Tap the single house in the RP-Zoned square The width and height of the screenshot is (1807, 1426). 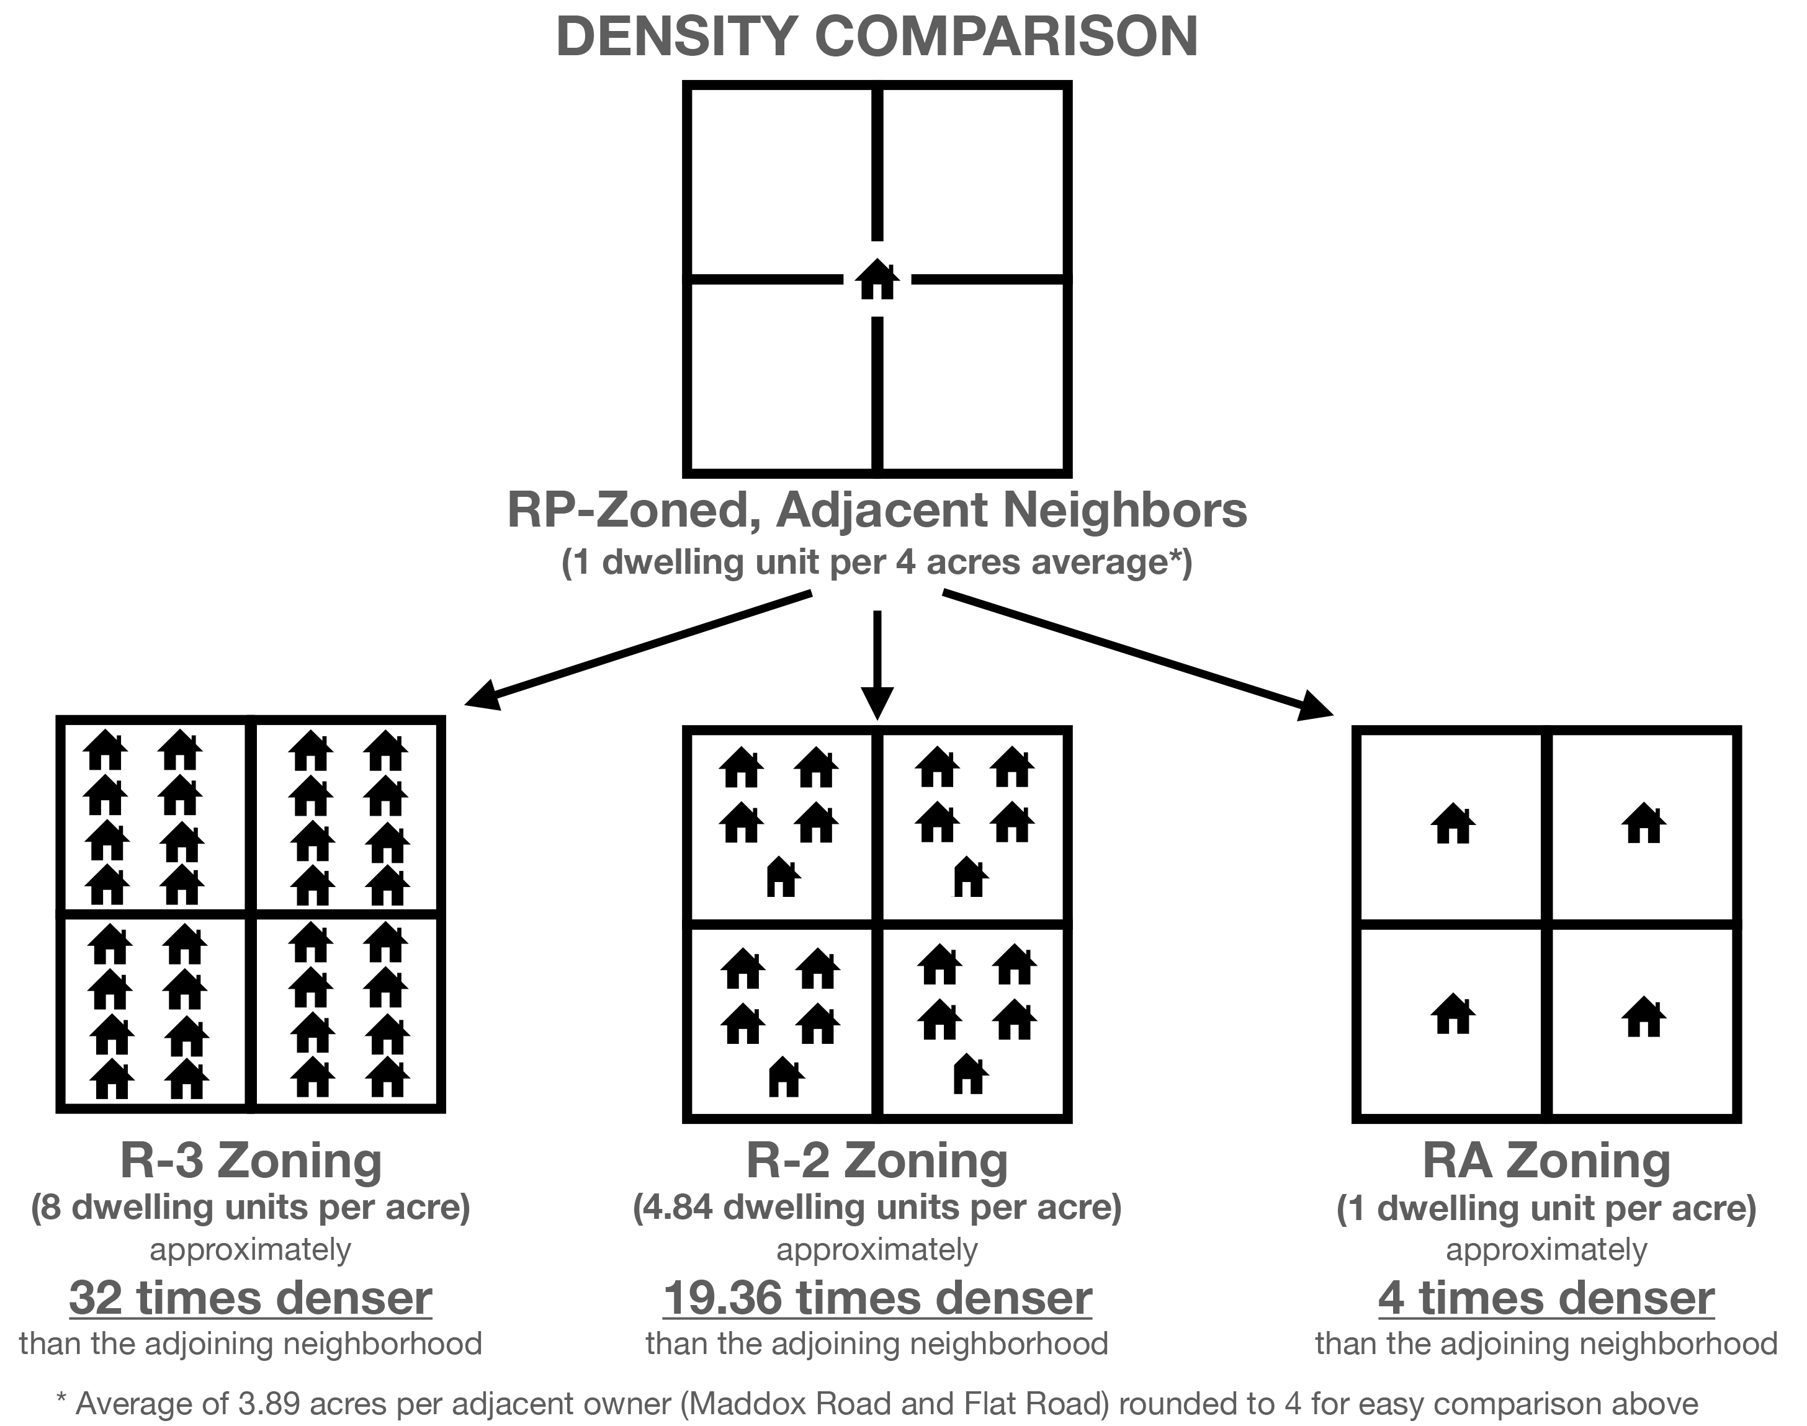coord(877,280)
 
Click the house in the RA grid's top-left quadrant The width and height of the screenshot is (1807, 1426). coord(1453,824)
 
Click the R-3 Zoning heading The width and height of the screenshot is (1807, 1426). coord(251,1161)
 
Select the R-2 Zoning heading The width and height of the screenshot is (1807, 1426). coord(877,1161)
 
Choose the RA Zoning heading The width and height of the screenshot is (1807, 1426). coord(1546,1161)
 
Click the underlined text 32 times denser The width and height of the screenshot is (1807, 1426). coord(251,1298)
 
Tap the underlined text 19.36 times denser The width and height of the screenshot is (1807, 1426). coord(877,1298)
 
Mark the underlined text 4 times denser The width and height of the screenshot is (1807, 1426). coord(1546,1298)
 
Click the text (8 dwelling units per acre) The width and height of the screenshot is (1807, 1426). coord(251,1208)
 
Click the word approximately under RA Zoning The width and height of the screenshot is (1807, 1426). coord(1546,1250)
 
